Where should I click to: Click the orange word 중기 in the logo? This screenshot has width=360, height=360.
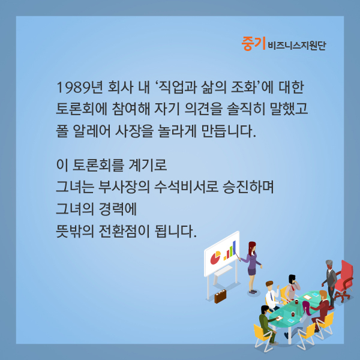coord(253,44)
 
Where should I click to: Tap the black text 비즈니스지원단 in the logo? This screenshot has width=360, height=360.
coord(297,46)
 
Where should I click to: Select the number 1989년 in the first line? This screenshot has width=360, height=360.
coord(79,88)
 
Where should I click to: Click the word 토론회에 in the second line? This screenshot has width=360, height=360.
coord(82,109)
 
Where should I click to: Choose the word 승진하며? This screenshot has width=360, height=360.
coord(248,187)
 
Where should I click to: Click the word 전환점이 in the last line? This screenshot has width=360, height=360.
coord(124,231)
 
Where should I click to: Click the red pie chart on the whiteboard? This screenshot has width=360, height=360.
coord(215,258)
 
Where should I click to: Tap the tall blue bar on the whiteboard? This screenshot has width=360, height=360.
coord(234,247)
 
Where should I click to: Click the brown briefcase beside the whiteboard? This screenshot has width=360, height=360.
coord(220,296)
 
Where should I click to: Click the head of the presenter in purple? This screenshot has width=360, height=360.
coord(252,247)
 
